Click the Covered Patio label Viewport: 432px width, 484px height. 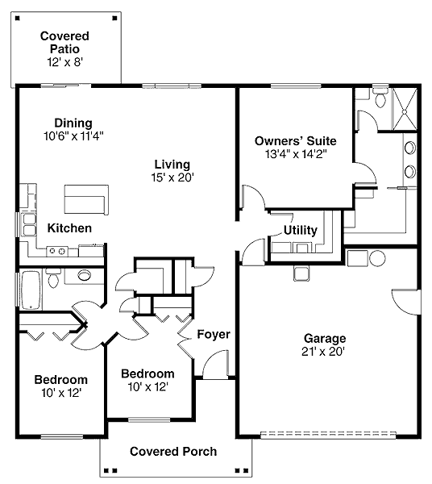click(64, 42)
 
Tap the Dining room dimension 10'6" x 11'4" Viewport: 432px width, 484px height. click(73, 136)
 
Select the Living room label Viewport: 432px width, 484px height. click(172, 165)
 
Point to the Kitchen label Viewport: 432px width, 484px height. click(69, 228)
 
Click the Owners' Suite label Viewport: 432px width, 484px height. click(296, 140)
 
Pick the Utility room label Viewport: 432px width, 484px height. click(301, 230)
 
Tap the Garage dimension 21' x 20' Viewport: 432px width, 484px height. click(323, 352)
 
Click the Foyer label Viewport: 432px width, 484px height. click(214, 334)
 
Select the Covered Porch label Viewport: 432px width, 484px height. click(173, 451)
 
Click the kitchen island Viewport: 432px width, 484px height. click(86, 199)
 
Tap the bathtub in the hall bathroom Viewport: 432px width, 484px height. click(31, 290)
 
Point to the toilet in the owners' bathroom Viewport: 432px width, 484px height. click(380, 97)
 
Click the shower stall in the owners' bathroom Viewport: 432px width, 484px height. click(405, 109)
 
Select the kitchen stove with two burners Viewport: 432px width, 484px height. click(57, 251)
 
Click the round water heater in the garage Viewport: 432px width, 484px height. click(377, 258)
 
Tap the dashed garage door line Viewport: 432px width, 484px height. click(328, 435)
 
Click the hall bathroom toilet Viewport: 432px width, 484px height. click(54, 277)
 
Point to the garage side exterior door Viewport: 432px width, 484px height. click(406, 302)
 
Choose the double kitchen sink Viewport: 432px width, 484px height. click(28, 225)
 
